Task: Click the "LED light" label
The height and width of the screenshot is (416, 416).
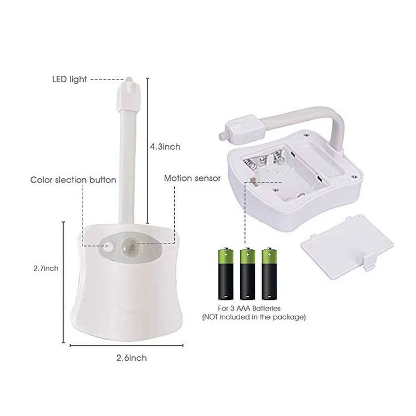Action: pos(69,80)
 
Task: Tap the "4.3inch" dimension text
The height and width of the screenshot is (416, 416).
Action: pos(165,147)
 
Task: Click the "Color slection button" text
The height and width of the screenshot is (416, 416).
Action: pos(73,180)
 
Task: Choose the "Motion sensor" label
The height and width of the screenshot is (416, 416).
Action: pos(192,178)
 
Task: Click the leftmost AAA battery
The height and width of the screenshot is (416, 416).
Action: pos(225,274)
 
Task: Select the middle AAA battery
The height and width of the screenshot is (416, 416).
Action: pos(247,274)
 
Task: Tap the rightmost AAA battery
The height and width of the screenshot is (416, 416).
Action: pos(269,274)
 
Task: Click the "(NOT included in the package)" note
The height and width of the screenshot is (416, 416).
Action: pos(253,317)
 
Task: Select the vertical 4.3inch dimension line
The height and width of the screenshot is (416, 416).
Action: pos(147,151)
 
